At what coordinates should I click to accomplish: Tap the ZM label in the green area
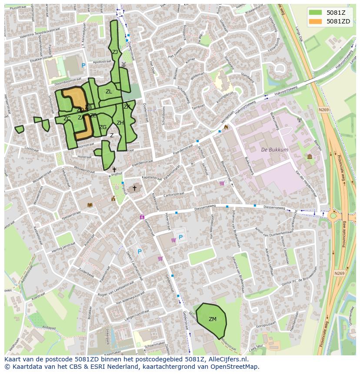(212, 319)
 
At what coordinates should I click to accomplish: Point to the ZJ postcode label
(115, 52)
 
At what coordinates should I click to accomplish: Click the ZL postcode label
(109, 92)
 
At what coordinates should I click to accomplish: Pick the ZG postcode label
(103, 127)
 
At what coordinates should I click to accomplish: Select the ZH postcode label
(120, 123)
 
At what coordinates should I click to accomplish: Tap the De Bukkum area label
(274, 150)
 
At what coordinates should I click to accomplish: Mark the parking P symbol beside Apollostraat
(83, 65)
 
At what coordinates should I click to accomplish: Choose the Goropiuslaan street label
(266, 324)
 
